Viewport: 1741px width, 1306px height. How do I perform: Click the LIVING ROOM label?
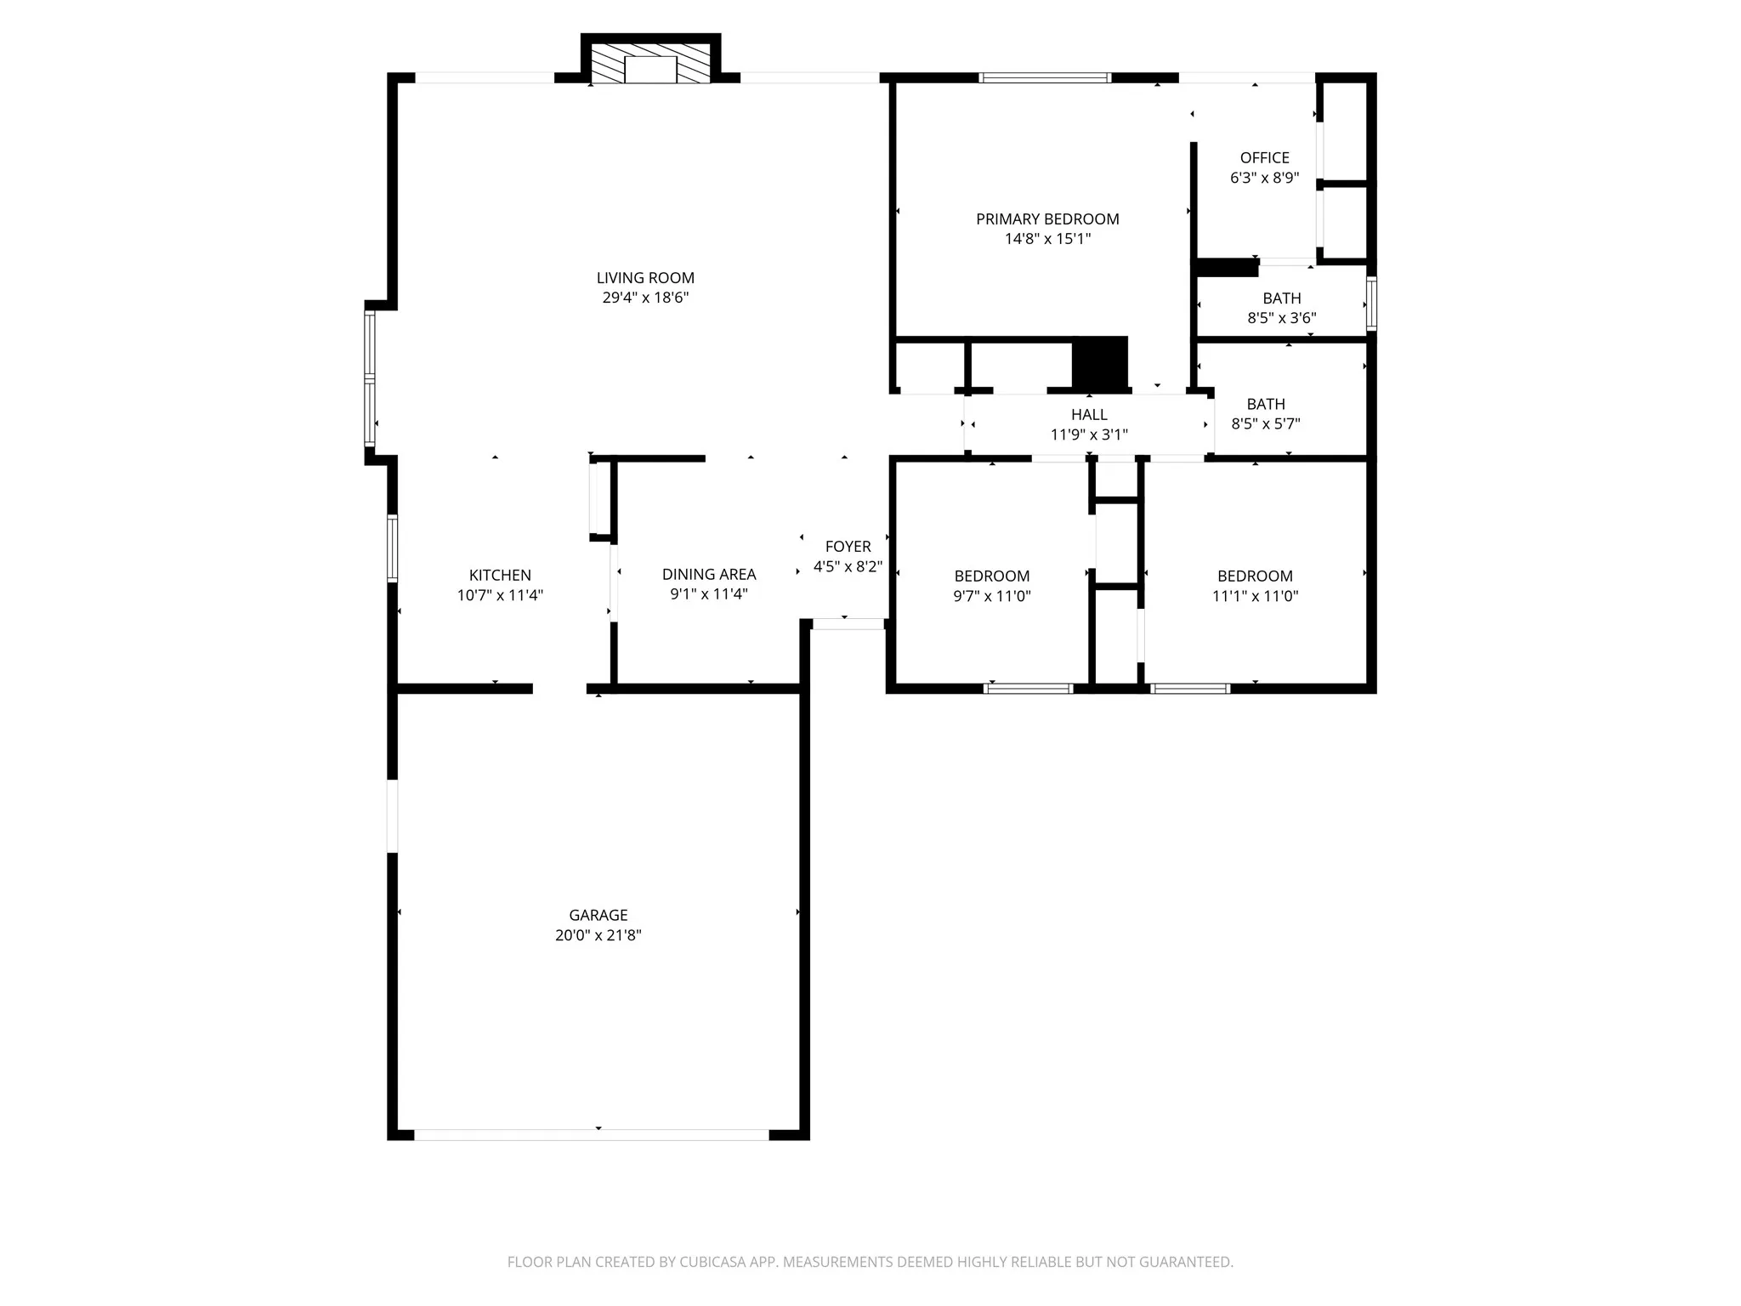(645, 278)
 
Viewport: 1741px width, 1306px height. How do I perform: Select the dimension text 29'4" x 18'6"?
(645, 298)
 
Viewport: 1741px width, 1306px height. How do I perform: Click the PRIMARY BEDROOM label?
(1047, 219)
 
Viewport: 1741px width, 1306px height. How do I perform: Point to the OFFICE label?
(1265, 158)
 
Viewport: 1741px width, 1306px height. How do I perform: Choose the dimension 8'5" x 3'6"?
(1282, 318)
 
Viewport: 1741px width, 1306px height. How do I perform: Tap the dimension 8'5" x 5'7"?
(1266, 423)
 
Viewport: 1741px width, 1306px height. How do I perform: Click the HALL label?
(1089, 415)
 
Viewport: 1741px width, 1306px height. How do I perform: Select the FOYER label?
(848, 547)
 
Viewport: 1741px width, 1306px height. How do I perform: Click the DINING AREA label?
(709, 575)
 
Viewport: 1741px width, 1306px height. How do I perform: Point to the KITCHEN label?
(500, 576)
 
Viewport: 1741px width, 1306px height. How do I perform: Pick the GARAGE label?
(598, 916)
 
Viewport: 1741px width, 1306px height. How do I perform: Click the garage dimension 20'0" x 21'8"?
(598, 935)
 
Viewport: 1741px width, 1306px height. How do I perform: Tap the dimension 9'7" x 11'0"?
(992, 596)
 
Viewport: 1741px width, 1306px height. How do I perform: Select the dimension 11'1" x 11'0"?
(1255, 596)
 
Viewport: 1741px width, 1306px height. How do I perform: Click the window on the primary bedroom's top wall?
(1045, 78)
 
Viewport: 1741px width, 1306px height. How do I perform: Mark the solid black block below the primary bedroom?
(1100, 363)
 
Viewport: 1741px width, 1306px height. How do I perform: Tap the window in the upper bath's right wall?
(1371, 304)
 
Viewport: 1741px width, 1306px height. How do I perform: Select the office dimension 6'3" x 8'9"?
(1265, 178)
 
